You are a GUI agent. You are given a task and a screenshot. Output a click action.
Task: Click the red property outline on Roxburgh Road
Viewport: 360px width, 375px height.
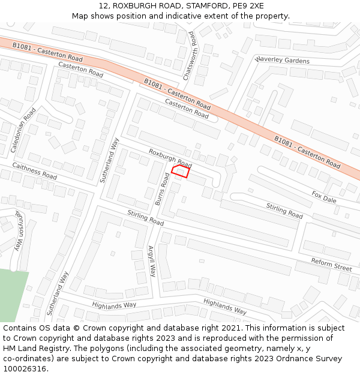181,172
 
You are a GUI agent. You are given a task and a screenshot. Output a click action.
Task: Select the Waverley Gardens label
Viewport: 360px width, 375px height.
282,61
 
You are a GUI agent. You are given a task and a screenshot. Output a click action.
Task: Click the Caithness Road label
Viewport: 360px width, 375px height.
34,171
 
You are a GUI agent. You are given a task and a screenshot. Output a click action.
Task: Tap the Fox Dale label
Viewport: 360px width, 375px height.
324,197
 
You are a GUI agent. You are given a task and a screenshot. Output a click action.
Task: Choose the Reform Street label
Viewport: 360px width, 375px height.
331,265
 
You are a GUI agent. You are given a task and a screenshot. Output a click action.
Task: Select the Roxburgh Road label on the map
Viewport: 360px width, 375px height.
170,158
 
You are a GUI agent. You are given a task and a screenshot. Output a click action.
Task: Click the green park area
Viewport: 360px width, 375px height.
12,294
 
